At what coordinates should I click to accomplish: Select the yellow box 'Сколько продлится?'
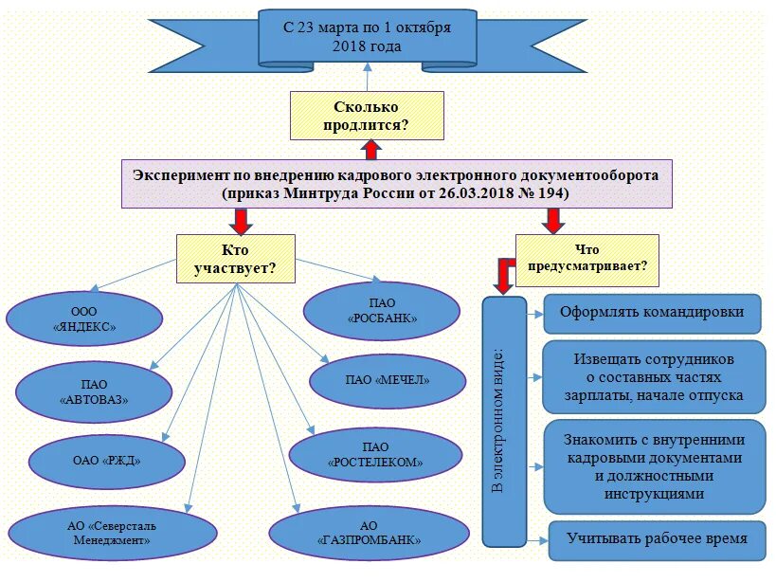[367, 116]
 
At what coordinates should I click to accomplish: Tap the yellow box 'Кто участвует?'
[235, 258]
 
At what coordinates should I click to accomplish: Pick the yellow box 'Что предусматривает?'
[587, 259]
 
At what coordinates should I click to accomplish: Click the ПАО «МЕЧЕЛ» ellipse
[388, 380]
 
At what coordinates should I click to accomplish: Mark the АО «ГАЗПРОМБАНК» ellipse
[370, 533]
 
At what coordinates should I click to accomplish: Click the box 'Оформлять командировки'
[652, 313]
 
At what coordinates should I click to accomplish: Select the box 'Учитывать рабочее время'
[657, 538]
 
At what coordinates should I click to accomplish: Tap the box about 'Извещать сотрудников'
[654, 377]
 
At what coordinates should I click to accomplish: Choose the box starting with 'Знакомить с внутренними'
[654, 466]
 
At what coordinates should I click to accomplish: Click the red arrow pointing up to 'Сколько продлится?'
[370, 150]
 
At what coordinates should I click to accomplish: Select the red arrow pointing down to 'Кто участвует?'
[241, 221]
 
